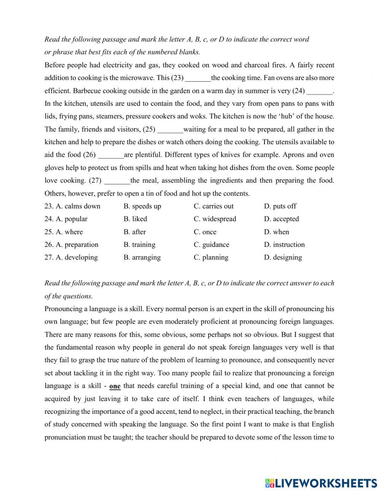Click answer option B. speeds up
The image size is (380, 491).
pyautogui.click(x=142, y=206)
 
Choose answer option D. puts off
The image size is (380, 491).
pyautogui.click(x=280, y=206)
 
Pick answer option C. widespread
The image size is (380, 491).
pyautogui.click(x=215, y=219)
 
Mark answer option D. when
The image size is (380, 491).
pyautogui.click(x=276, y=232)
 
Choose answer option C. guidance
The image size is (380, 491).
pyautogui.click(x=211, y=245)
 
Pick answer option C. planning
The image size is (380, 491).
pyautogui.click(x=211, y=257)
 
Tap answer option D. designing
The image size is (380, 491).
pyautogui.click(x=283, y=257)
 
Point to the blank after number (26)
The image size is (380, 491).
pyautogui.click(x=111, y=155)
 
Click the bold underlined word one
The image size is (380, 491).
pyautogui.click(x=115, y=386)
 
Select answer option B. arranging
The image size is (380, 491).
pyautogui.click(x=142, y=257)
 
